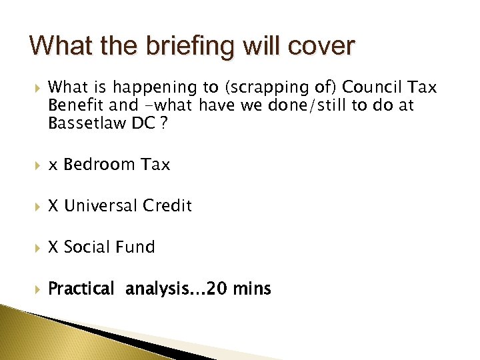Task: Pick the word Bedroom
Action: click(x=99, y=165)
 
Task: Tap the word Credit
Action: click(x=167, y=206)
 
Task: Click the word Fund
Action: click(x=137, y=247)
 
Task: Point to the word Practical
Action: click(x=81, y=289)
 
